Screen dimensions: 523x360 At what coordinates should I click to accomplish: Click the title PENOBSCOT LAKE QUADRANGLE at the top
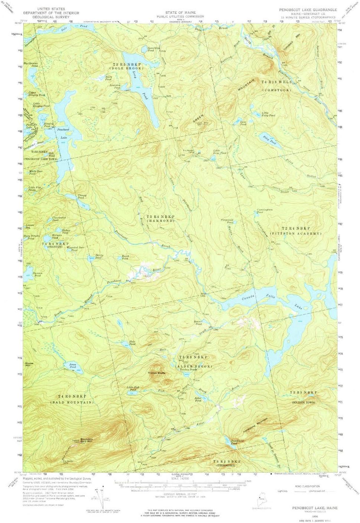[x=308, y=10]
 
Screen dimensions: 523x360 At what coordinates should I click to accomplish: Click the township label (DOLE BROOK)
[x=126, y=69]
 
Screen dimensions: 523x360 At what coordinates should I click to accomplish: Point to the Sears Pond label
[x=108, y=78]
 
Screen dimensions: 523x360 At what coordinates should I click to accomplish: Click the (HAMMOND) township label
[x=160, y=221]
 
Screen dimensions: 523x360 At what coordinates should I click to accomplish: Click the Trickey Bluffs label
[x=156, y=373]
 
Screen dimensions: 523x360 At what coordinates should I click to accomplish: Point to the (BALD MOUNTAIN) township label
[x=72, y=402]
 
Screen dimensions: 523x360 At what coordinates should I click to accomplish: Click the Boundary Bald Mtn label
[x=86, y=440]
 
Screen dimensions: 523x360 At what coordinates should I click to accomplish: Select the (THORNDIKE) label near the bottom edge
[x=227, y=465]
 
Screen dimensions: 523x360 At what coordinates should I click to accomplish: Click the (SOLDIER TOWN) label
[x=303, y=402]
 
